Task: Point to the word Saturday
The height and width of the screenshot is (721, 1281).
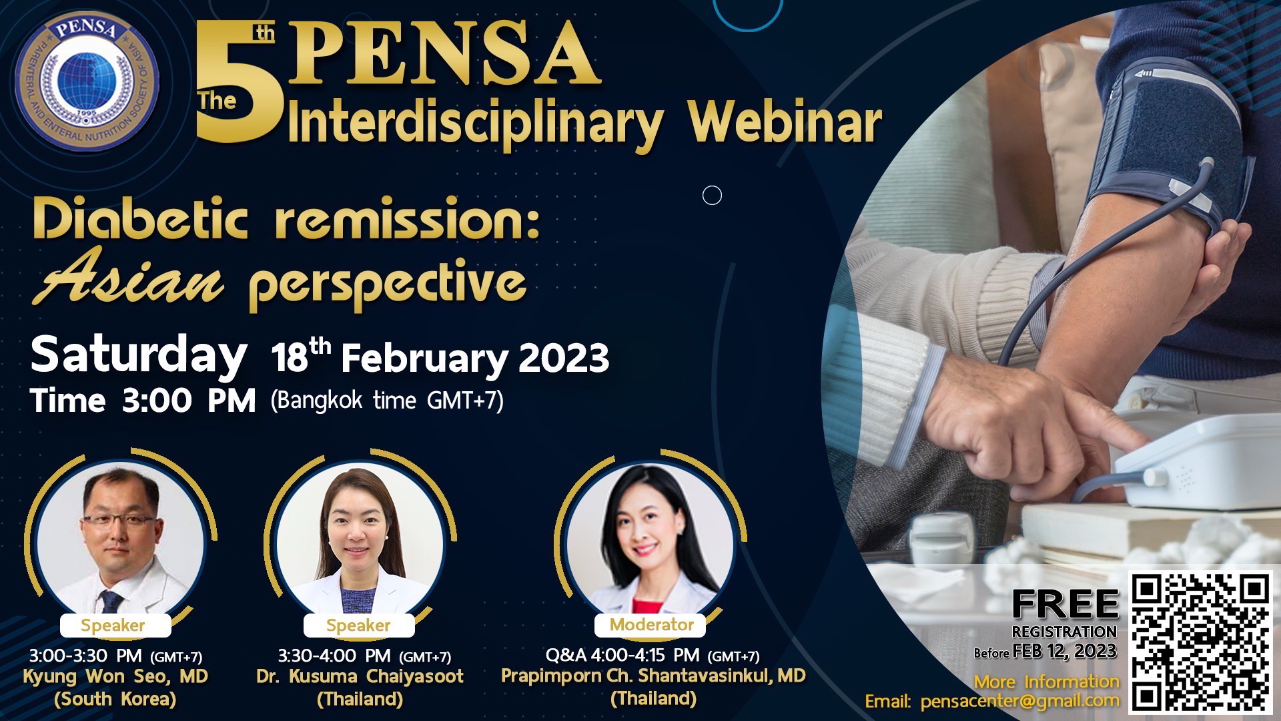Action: click(139, 356)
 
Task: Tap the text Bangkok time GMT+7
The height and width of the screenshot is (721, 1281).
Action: click(387, 401)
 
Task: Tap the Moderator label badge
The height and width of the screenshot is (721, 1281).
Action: click(651, 625)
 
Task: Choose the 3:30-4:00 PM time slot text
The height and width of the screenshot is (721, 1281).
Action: click(364, 656)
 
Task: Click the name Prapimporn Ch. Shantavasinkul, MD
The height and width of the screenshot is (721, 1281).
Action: click(653, 676)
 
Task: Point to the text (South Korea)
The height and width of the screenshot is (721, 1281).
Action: click(115, 699)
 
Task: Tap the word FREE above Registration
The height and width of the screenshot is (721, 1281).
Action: click(1065, 605)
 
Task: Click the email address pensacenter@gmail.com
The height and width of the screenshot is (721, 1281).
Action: click(1019, 702)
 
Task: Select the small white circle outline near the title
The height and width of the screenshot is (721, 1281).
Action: click(713, 196)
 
